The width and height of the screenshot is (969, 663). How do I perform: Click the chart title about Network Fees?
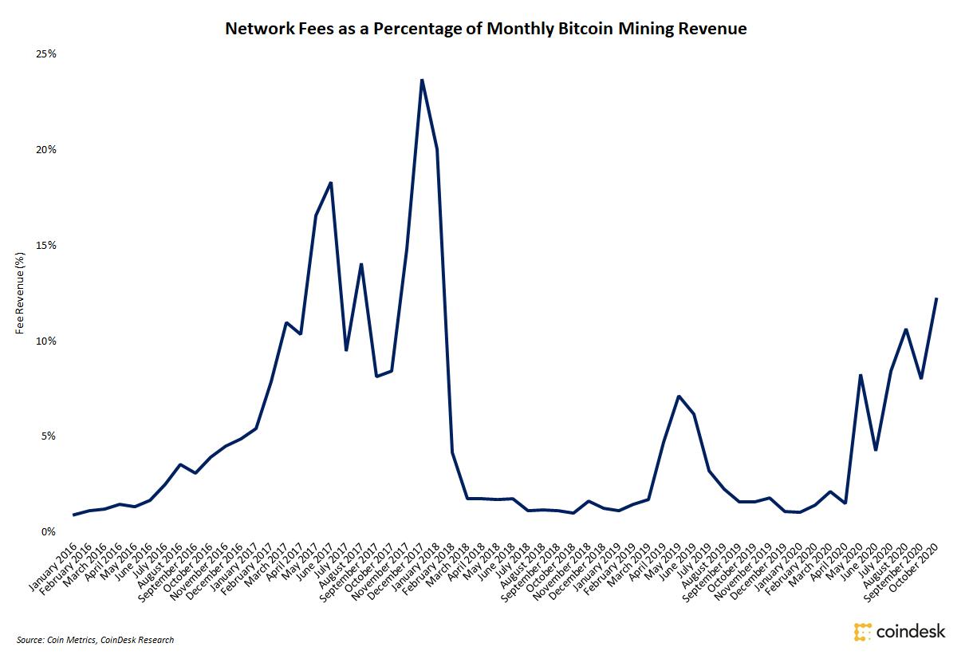pos(486,30)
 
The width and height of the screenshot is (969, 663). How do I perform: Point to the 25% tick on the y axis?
pos(45,54)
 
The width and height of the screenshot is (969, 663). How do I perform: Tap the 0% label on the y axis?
pos(48,531)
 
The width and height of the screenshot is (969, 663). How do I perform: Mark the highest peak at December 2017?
pos(422,80)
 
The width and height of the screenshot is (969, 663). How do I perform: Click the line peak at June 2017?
pos(330,183)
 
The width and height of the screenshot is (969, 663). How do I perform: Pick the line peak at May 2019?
pos(679,396)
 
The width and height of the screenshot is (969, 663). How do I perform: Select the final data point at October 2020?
pos(936,298)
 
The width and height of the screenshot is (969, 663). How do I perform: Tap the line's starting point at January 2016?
pos(74,515)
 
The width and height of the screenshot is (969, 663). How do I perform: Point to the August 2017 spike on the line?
pos(361,264)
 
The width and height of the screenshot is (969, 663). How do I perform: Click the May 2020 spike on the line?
pos(861,375)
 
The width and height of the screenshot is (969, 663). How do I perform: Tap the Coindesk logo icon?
pos(863,631)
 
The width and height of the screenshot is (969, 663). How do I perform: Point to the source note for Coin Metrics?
pos(95,640)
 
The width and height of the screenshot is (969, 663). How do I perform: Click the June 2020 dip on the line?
pos(876,450)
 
